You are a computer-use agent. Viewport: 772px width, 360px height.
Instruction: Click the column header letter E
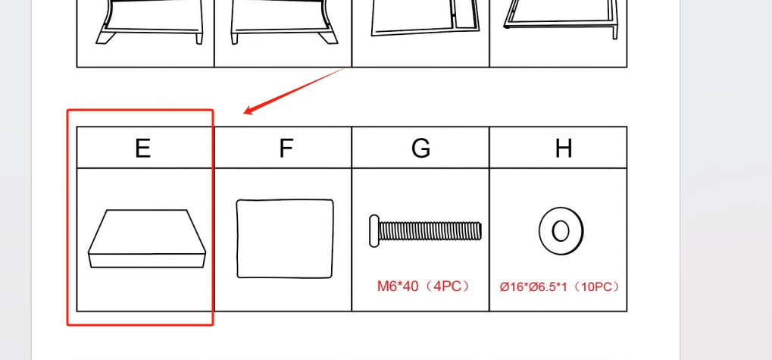[x=142, y=148]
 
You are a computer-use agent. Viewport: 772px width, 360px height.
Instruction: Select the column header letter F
[x=286, y=148]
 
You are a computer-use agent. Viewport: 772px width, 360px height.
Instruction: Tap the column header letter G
[x=421, y=148]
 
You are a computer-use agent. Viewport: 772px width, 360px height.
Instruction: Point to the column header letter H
[x=564, y=148]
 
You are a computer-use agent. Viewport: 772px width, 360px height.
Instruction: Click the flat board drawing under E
[x=147, y=239]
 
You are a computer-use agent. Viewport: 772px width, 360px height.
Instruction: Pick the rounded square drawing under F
[x=285, y=239]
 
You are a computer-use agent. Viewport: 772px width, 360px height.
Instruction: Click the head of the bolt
[x=374, y=231]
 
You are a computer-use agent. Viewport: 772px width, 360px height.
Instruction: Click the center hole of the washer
[x=561, y=231]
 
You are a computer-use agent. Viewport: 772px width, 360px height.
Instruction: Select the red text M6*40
[x=397, y=286]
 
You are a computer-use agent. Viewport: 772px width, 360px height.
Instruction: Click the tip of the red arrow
[x=244, y=113]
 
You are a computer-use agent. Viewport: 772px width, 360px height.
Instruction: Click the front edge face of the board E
[x=147, y=261]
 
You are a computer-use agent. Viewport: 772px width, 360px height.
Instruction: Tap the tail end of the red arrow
[x=344, y=69]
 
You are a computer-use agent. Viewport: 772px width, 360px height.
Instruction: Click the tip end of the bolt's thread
[x=480, y=231]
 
